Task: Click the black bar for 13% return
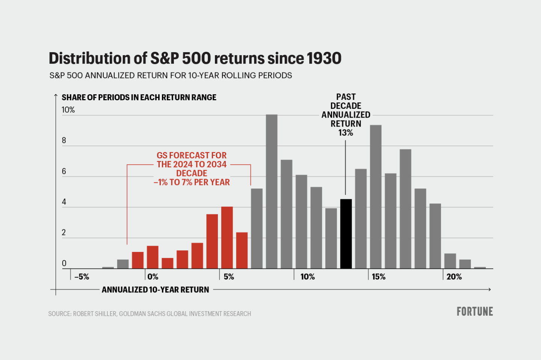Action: click(x=346, y=233)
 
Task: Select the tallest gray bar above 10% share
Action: click(x=272, y=191)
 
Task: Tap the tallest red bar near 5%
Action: click(x=227, y=237)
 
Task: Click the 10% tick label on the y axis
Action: click(x=68, y=110)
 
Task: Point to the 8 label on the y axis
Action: click(x=64, y=140)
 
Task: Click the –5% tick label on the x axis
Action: click(x=82, y=277)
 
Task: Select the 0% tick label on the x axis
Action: click(x=153, y=277)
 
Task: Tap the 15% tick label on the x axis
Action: click(x=379, y=277)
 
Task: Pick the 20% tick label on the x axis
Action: click(x=454, y=277)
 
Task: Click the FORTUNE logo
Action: click(x=475, y=312)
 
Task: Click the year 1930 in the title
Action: click(x=324, y=59)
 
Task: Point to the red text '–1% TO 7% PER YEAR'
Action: click(x=192, y=182)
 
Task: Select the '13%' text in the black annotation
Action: click(x=346, y=133)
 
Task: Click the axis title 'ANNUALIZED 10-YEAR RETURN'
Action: click(x=155, y=290)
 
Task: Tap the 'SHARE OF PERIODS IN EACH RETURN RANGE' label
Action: click(x=139, y=98)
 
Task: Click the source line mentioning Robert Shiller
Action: click(x=150, y=314)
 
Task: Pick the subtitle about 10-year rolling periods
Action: click(x=171, y=75)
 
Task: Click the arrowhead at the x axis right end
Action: click(x=489, y=289)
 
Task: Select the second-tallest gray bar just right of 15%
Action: click(x=376, y=197)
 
